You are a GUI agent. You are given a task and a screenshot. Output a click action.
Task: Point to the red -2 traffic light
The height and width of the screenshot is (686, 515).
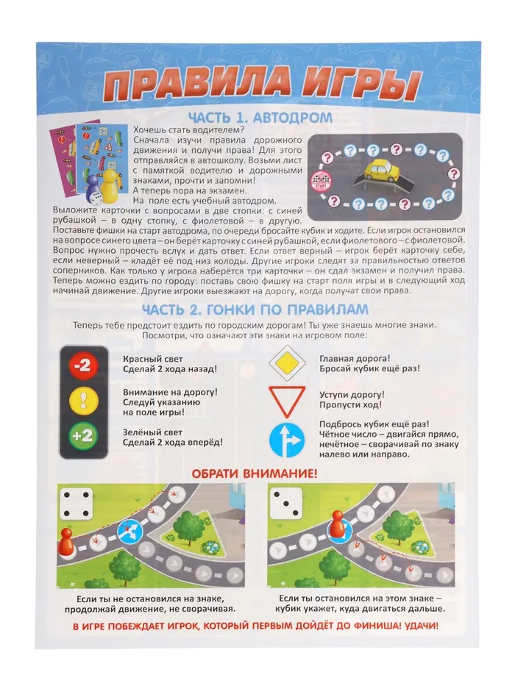[82, 368]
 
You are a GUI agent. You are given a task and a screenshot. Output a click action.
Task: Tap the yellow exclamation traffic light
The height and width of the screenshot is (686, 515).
[82, 401]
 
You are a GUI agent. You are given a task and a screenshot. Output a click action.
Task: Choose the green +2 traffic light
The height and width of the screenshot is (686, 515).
[82, 436]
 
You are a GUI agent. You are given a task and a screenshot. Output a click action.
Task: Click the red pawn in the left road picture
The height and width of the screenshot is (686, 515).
[66, 542]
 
